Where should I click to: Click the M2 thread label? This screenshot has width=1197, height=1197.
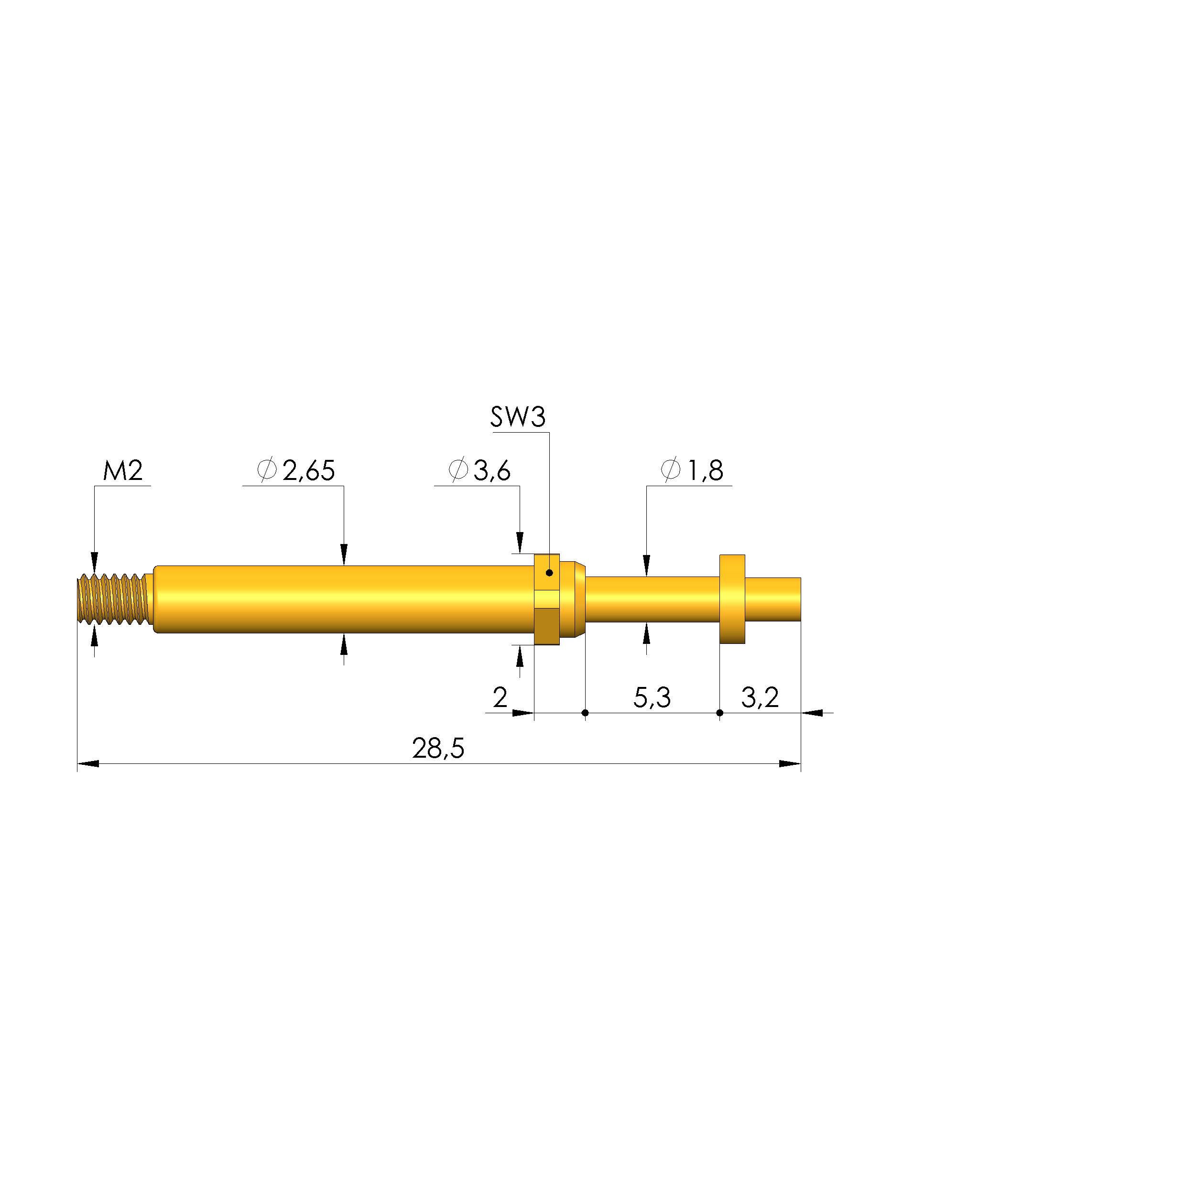click(x=123, y=471)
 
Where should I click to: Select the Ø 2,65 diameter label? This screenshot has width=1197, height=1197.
click(x=296, y=471)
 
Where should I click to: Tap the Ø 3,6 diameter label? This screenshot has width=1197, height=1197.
click(x=479, y=471)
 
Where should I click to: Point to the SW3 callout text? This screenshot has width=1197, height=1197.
click(x=518, y=417)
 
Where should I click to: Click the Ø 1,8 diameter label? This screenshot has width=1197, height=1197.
click(x=692, y=471)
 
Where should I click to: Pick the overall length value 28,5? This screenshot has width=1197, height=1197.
click(x=438, y=749)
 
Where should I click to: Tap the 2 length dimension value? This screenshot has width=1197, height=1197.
click(x=500, y=697)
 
